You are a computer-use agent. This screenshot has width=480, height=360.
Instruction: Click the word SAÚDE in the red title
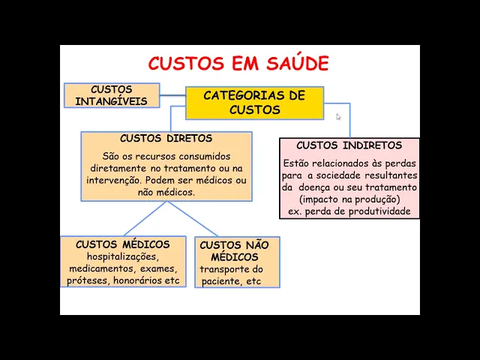pyautogui.click(x=298, y=63)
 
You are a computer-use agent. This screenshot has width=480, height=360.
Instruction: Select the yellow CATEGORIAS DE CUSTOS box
pyautogui.click(x=255, y=103)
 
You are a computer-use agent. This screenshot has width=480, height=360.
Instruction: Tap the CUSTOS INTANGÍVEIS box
pyautogui.click(x=112, y=95)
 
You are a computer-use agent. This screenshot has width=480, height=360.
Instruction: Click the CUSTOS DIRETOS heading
pyautogui.click(x=166, y=138)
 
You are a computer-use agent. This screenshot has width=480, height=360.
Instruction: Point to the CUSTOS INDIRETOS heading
pyautogui.click(x=349, y=145)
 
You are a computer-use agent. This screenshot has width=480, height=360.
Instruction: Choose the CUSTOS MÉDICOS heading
pyautogui.click(x=123, y=244)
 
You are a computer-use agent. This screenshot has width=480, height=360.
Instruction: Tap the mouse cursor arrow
pyautogui.click(x=338, y=117)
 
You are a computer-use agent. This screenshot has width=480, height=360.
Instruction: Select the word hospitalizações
pyautogui.click(x=123, y=256)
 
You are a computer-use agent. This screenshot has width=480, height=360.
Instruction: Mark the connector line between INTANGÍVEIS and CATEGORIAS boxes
pyautogui.click(x=172, y=95)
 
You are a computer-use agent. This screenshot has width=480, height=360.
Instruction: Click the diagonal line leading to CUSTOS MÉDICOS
pyautogui.click(x=145, y=218)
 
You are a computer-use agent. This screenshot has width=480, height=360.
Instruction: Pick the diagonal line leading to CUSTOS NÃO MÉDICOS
pyautogui.click(x=193, y=218)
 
